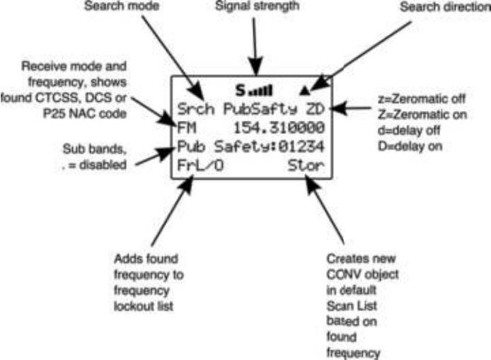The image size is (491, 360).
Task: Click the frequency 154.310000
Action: coord(279,129)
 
